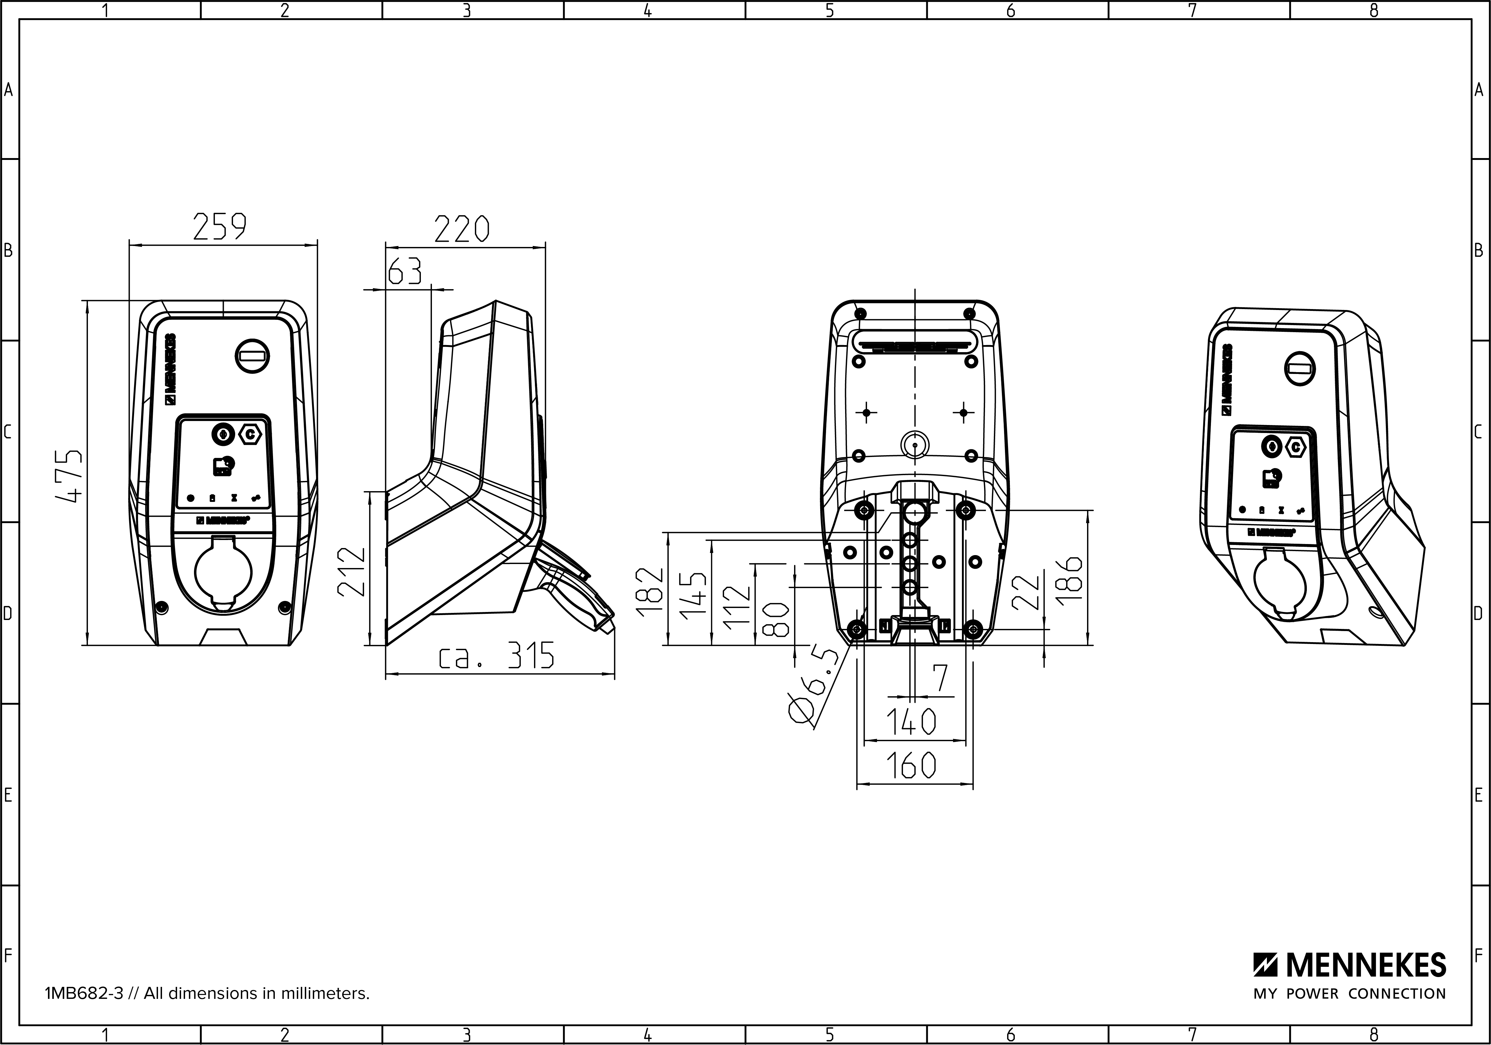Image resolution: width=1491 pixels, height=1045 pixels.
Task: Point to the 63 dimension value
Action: point(405,272)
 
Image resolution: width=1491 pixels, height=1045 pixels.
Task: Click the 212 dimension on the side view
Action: point(352,571)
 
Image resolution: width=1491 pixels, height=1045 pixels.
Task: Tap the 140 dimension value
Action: point(911,721)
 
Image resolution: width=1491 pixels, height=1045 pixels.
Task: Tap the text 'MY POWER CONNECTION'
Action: point(1350,994)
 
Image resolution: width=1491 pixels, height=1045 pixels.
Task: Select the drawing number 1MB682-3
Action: point(84,994)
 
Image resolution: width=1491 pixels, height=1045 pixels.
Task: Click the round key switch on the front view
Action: point(253,356)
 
